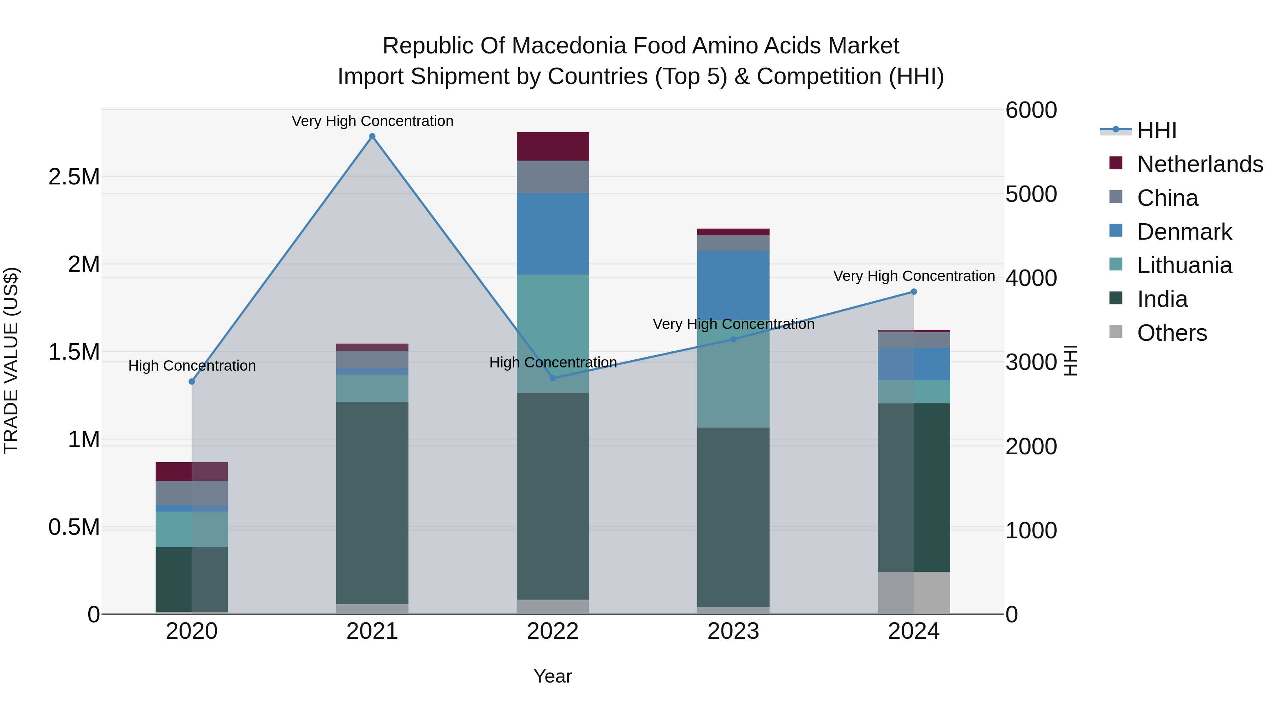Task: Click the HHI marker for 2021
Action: click(372, 136)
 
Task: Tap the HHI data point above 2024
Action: click(914, 292)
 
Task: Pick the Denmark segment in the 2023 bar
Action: click(733, 286)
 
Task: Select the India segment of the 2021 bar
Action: click(372, 502)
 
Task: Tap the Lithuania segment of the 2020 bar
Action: click(192, 529)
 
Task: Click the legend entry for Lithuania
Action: click(1184, 265)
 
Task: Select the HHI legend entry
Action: click(1157, 130)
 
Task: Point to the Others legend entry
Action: click(1172, 333)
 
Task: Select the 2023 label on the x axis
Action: click(733, 631)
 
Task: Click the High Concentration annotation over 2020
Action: click(192, 366)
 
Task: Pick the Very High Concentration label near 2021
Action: click(372, 121)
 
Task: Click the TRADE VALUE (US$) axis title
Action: click(11, 360)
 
